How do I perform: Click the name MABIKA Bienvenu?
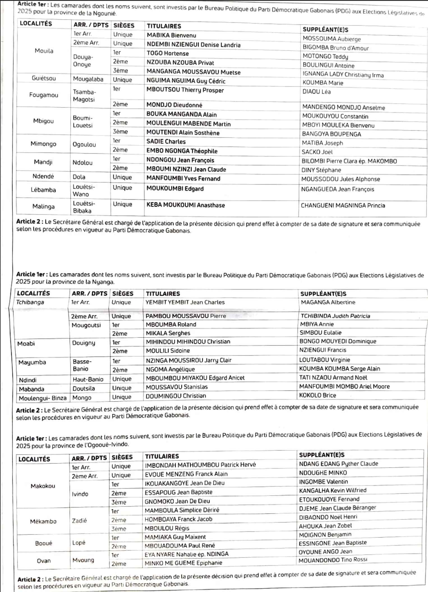pyautogui.click(x=171, y=36)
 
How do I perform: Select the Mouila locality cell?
pyautogui.click(x=44, y=51)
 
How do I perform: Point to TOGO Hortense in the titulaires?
pyautogui.click(x=168, y=53)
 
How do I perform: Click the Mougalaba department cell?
pyautogui.click(x=88, y=79)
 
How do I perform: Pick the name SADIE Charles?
pyautogui.click(x=166, y=142)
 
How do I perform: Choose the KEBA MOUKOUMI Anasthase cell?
pyautogui.click(x=186, y=205)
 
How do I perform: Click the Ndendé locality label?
pyautogui.click(x=43, y=176)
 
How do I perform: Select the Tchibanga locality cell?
pyautogui.click(x=30, y=302)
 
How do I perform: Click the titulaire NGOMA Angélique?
pyautogui.click(x=170, y=369)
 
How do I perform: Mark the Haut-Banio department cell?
pyautogui.click(x=88, y=380)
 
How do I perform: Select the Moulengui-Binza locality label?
pyautogui.click(x=43, y=398)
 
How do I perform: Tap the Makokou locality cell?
pyautogui.click(x=43, y=486)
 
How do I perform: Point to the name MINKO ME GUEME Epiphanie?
pyautogui.click(x=183, y=563)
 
